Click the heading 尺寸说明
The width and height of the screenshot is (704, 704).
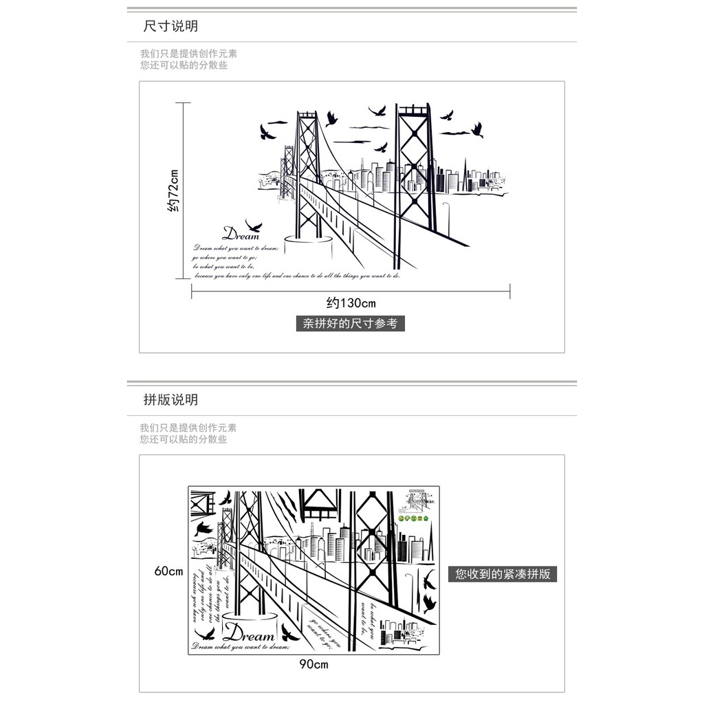tap(170, 27)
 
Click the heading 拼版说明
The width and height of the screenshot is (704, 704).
tap(170, 399)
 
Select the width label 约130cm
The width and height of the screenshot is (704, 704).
tap(351, 302)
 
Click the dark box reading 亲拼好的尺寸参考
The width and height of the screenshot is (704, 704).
tap(351, 323)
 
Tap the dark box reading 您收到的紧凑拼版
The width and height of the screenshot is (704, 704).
tap(503, 574)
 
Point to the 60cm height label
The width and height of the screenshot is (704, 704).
tap(168, 571)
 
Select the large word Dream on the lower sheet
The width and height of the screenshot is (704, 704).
tap(249, 632)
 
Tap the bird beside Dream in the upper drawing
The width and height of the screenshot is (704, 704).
tap(254, 224)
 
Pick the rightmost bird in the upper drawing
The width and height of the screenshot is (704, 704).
tap(476, 129)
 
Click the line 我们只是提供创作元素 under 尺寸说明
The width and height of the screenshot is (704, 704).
tap(188, 54)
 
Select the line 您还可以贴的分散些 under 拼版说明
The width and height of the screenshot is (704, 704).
tap(183, 439)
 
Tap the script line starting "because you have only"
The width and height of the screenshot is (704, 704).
tap(296, 276)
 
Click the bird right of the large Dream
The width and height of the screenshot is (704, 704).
tap(287, 631)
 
